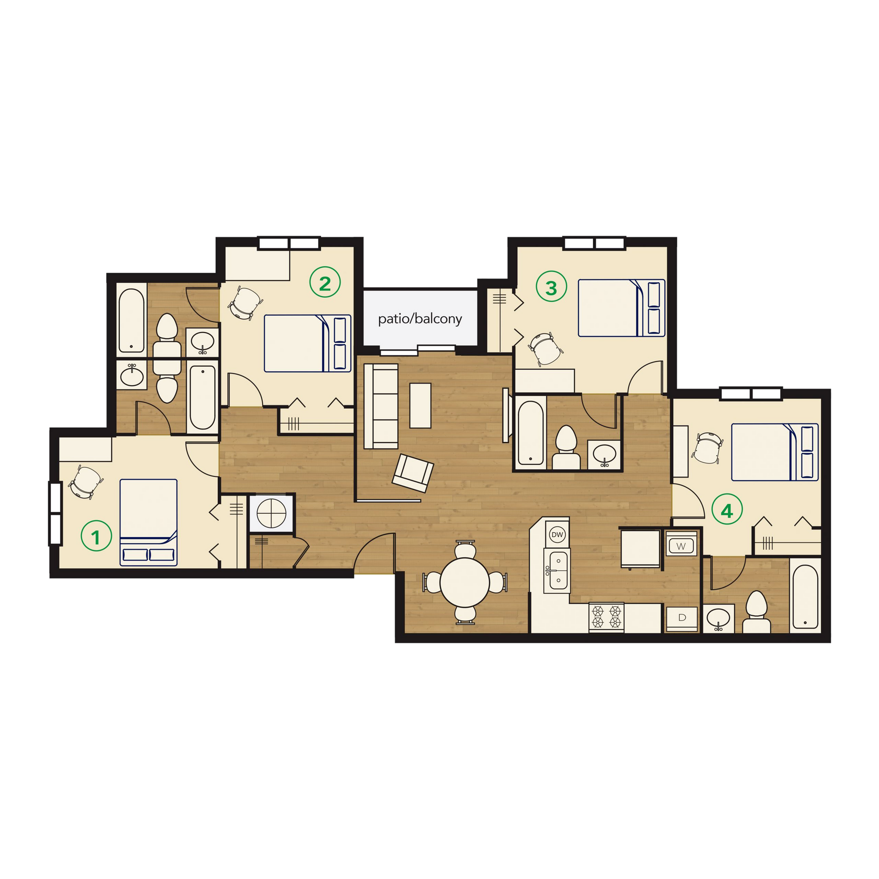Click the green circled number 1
click(96, 536)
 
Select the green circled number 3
click(551, 287)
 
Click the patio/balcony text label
click(420, 319)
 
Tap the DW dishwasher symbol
click(557, 535)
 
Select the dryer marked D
click(682, 617)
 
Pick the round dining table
click(465, 582)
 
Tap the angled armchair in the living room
click(413, 473)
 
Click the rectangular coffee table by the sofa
click(420, 406)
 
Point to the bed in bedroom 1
click(148, 522)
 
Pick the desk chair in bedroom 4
click(707, 448)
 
